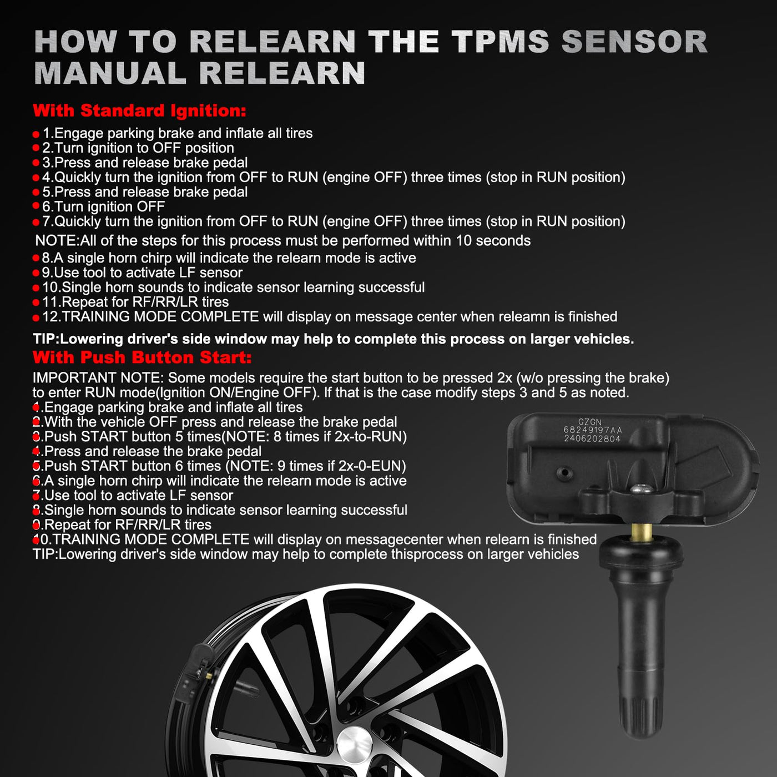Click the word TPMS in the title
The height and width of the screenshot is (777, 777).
[x=500, y=42]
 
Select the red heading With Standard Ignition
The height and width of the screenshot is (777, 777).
[x=139, y=110]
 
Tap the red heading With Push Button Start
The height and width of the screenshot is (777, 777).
[x=142, y=357]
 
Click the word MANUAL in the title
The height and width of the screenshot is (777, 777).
[x=110, y=73]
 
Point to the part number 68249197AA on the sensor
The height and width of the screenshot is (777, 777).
[x=593, y=430]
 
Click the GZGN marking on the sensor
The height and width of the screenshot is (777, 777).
[x=589, y=422]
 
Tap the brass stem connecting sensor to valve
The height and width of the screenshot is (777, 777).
[x=641, y=532]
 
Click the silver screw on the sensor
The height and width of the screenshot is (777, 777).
[x=642, y=489]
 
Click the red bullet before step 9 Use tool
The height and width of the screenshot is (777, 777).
[x=36, y=274]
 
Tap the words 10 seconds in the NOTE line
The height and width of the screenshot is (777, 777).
[x=493, y=241]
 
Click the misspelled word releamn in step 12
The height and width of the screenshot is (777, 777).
[x=524, y=317]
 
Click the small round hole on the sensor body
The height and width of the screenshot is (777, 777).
[x=564, y=472]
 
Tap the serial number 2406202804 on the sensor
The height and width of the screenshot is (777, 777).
[x=592, y=438]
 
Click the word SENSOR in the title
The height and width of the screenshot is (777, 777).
[x=634, y=42]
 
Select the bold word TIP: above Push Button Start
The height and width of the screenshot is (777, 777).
[x=46, y=339]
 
